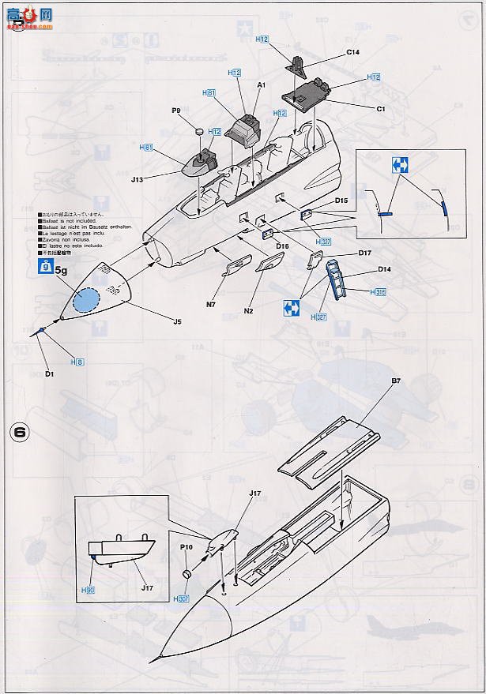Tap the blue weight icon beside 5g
click(47, 268)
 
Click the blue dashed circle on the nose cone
click(88, 302)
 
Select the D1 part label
click(48, 373)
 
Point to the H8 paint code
click(77, 361)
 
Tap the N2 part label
click(248, 311)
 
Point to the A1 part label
click(261, 84)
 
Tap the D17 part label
click(364, 253)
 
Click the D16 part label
click(282, 246)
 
